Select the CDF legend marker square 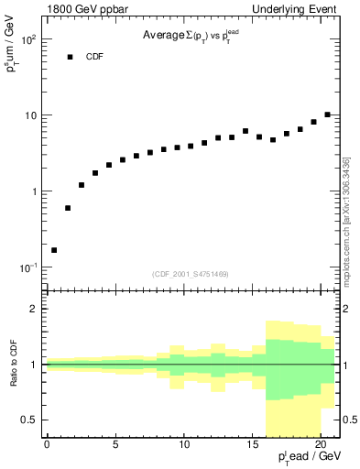point(69,57)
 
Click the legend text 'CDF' point(95,57)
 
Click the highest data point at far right point(327,115)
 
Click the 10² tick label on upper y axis point(28,40)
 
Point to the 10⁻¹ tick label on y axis point(27,267)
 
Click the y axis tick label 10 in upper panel point(30,116)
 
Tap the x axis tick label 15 point(252,446)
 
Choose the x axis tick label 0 point(47,446)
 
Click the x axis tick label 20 point(321,446)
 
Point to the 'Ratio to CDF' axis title point(14,364)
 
